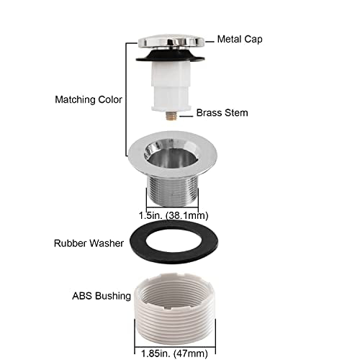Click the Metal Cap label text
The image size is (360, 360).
pos(240,39)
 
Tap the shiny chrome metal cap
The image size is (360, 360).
pos(171,42)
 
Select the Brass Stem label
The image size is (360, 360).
pos(222,113)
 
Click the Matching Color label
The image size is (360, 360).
pos(89,99)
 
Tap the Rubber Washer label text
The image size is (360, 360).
pos(89,243)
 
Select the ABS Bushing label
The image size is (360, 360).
pos(102,296)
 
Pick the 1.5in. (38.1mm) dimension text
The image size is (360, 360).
pos(174,215)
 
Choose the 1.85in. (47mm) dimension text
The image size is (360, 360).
pos(174,354)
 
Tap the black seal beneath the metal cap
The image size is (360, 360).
pos(170,56)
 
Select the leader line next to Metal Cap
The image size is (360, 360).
pos(210,42)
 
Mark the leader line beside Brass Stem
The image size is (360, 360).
pos(186,116)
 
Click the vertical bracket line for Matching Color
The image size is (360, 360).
pos(126,99)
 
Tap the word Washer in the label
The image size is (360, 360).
pos(107,243)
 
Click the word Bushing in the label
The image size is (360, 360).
pos(113,296)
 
